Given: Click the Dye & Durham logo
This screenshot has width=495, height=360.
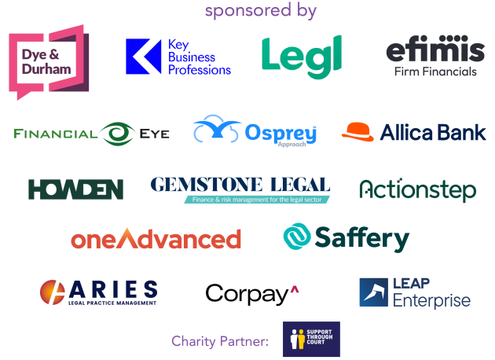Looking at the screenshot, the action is (49, 62).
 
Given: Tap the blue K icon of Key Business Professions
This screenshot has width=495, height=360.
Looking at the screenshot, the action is (143, 57).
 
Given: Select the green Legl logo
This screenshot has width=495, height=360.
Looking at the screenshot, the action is (302, 57).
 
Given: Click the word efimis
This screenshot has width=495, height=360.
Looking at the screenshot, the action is (435, 49).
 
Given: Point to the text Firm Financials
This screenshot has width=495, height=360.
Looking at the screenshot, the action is (435, 72).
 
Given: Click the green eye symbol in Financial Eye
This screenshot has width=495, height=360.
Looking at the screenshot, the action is (118, 134).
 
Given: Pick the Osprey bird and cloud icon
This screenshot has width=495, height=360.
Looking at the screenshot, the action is (217, 129).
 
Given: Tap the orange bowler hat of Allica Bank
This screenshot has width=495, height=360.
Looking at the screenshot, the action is (357, 132).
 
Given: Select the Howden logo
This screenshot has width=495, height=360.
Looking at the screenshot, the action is (75, 189).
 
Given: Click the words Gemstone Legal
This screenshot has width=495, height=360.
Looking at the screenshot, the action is (240, 185).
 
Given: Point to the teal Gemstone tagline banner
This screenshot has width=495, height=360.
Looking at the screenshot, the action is (257, 200).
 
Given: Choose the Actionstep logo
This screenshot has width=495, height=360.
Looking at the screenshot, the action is (418, 189).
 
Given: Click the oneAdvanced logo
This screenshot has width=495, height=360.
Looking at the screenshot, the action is (156, 238).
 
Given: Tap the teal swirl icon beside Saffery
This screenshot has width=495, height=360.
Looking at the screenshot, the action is (297, 237).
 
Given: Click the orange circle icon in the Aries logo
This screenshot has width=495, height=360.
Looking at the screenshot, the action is (53, 292).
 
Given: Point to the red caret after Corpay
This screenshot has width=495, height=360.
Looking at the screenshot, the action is (295, 289).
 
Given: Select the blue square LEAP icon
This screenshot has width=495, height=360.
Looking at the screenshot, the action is (374, 292).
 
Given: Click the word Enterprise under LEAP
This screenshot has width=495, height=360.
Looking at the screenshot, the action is (432, 300).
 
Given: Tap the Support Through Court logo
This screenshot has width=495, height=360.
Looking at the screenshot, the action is (311, 339).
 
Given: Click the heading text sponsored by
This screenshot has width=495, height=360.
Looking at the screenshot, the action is (261, 10).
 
